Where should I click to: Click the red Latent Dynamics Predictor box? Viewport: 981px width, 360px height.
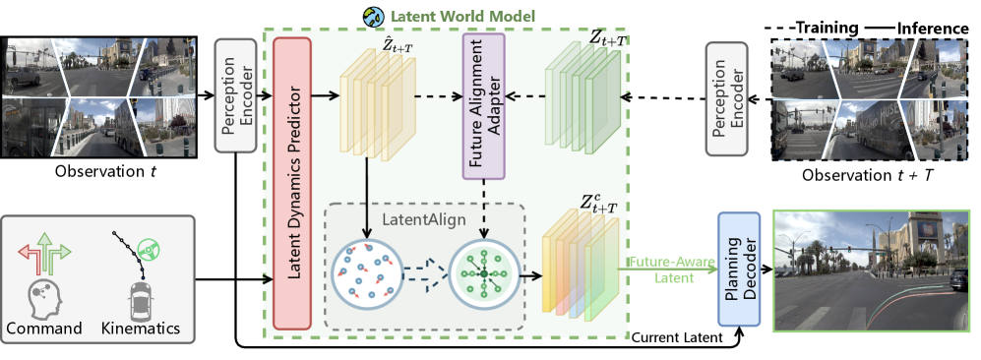click(292, 183)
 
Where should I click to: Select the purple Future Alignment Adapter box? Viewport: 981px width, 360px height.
click(484, 106)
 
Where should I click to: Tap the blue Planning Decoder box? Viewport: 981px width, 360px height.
click(739, 269)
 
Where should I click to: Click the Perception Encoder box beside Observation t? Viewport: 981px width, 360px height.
click(235, 95)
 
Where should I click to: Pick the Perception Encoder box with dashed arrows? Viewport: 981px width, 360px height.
click(727, 98)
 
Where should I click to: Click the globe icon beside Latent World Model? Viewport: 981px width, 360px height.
click(373, 17)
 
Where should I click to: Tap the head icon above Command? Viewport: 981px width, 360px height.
click(44, 299)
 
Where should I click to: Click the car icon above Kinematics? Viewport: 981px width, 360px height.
click(140, 300)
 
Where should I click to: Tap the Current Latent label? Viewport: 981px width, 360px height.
click(677, 338)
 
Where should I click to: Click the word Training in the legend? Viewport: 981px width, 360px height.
click(827, 29)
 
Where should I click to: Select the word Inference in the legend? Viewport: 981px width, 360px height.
click(933, 29)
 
